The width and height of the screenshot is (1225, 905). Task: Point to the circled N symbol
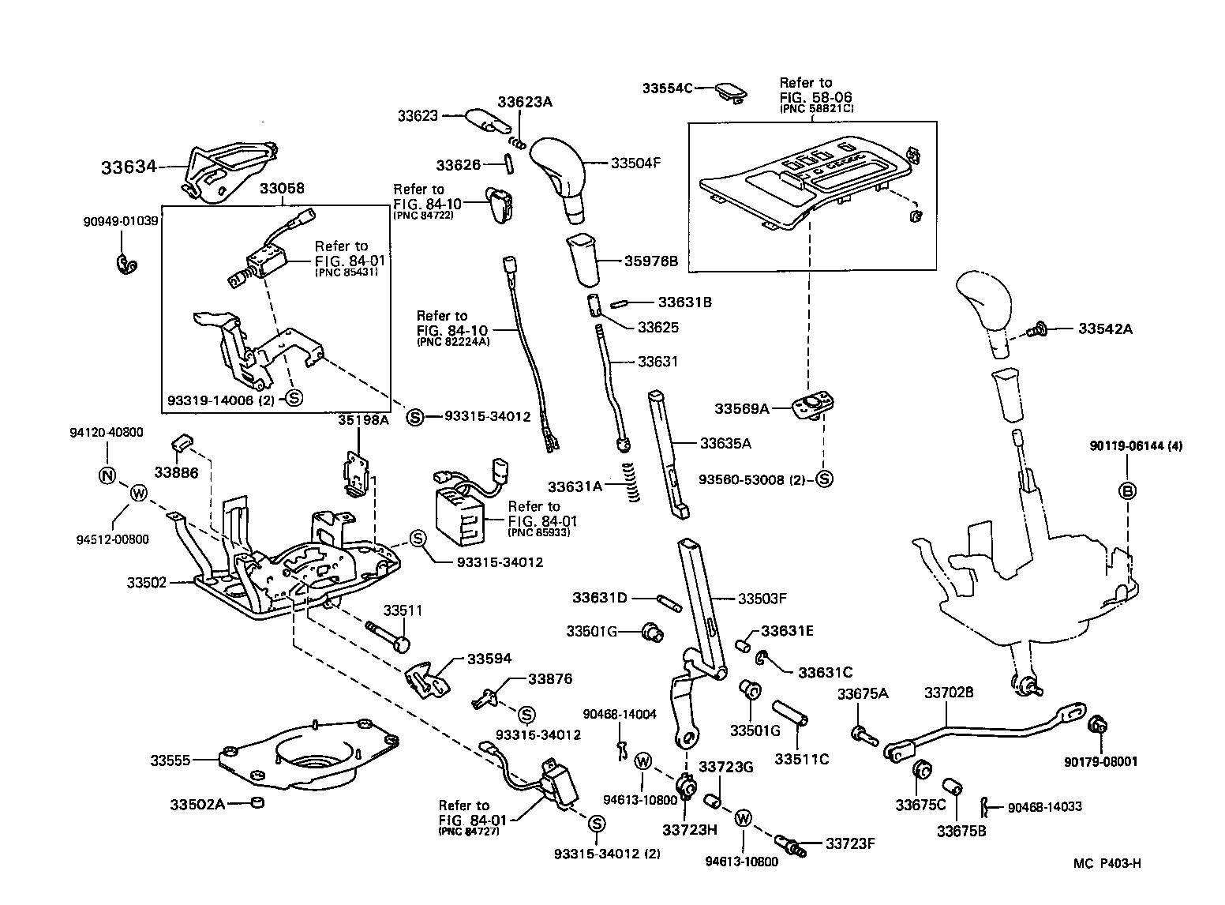click(x=107, y=475)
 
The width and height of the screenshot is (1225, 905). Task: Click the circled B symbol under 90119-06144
click(x=1128, y=491)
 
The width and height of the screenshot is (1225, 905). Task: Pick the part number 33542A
click(x=1105, y=329)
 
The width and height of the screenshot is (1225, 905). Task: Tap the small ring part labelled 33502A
click(x=256, y=803)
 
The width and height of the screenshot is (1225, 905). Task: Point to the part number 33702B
click(x=949, y=693)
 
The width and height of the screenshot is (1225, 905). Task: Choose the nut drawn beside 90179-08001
click(x=1096, y=724)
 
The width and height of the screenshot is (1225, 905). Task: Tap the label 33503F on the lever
click(x=762, y=599)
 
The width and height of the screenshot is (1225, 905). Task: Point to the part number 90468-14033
click(x=1044, y=807)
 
